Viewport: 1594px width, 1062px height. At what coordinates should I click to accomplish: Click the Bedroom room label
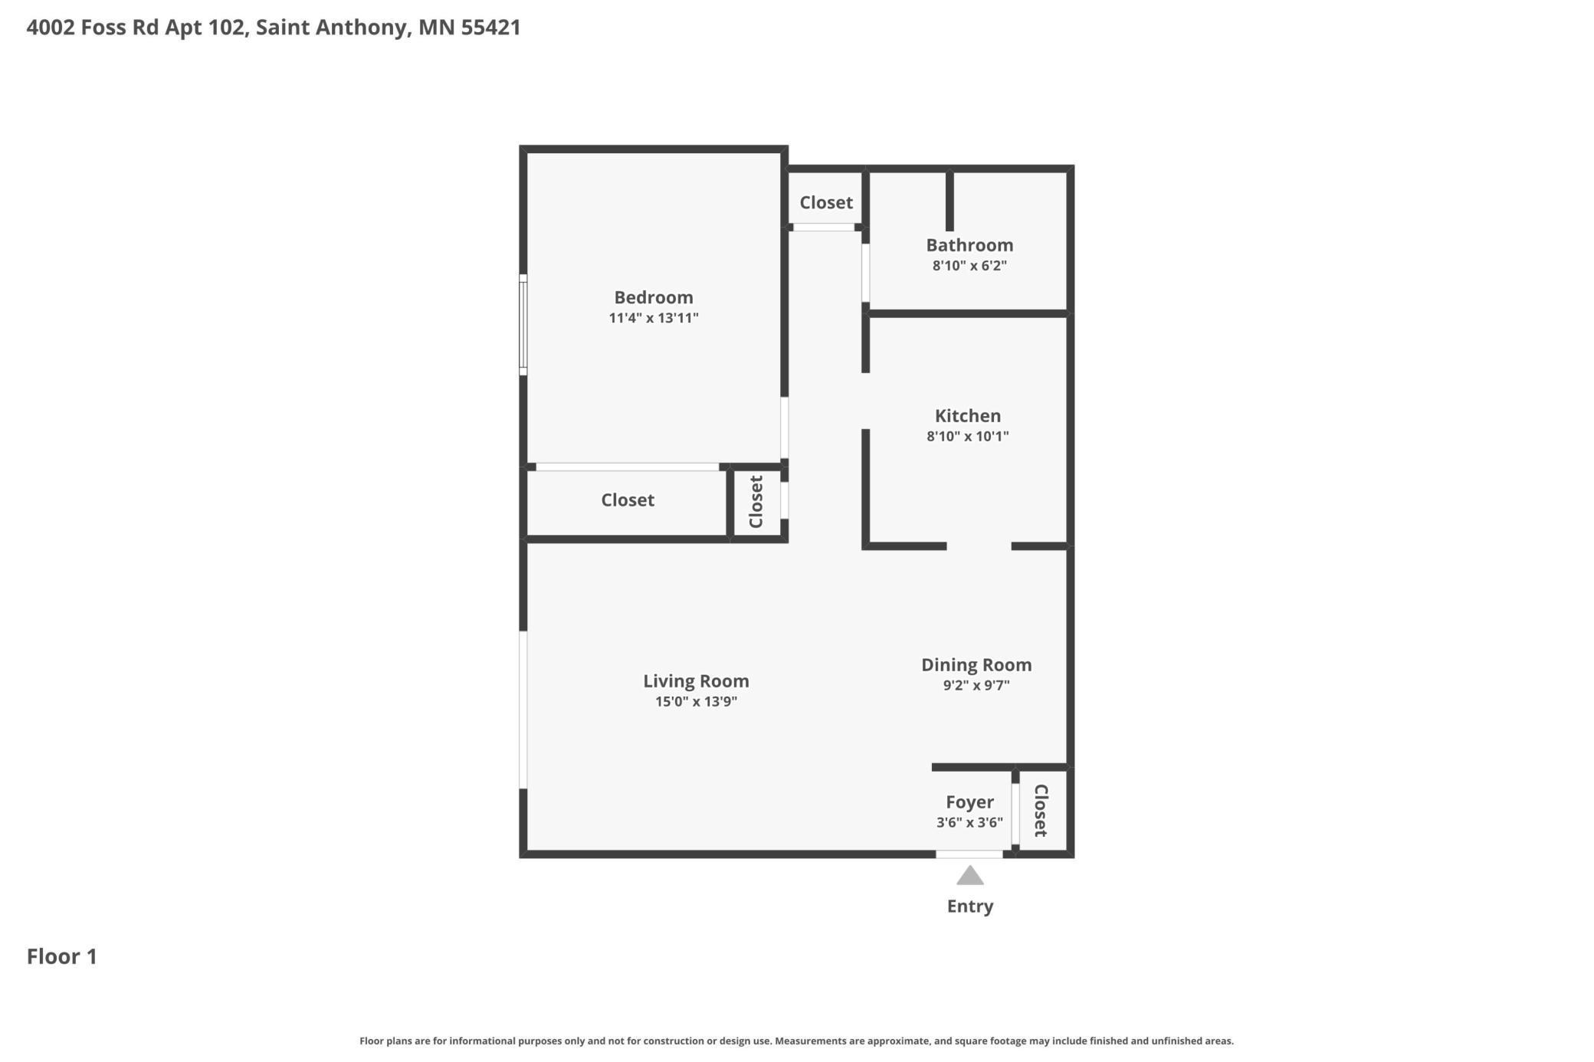click(x=653, y=297)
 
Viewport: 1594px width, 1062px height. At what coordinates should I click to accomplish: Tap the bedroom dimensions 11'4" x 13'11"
click(x=653, y=318)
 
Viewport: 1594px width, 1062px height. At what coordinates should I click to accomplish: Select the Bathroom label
click(x=969, y=245)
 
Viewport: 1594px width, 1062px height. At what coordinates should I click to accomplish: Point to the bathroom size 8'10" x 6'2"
click(x=969, y=266)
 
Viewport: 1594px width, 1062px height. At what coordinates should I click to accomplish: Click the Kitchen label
click(x=967, y=416)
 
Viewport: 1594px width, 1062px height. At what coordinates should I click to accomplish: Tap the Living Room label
click(x=696, y=681)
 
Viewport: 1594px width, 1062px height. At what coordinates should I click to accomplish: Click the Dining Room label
click(x=976, y=665)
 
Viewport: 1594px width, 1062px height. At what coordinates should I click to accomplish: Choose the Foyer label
click(x=969, y=802)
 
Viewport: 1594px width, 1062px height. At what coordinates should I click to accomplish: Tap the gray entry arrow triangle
click(x=969, y=876)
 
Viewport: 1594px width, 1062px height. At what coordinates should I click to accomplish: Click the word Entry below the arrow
click(x=969, y=906)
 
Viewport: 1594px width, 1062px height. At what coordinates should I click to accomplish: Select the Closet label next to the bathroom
click(x=825, y=203)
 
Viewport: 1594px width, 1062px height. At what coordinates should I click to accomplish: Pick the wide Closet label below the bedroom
click(x=627, y=500)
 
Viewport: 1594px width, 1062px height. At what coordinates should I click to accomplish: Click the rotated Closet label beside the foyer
click(x=1040, y=811)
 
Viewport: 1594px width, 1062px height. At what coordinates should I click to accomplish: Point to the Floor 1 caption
click(x=62, y=956)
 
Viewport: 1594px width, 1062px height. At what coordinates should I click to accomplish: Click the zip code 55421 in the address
click(x=490, y=28)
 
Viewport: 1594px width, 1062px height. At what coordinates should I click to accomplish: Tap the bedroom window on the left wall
click(x=523, y=325)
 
